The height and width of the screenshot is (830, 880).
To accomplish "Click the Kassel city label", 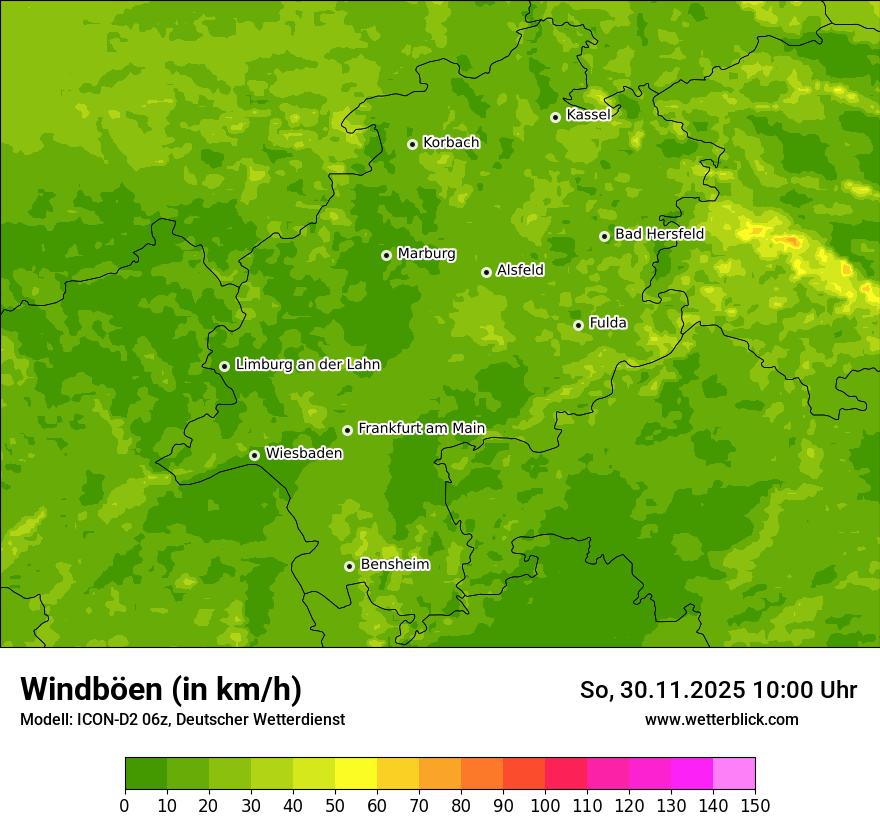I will (588, 115).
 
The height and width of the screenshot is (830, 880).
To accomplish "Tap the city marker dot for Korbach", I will (412, 144).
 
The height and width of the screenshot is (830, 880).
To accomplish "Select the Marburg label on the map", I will (426, 254).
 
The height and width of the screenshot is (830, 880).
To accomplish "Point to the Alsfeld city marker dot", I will (486, 272).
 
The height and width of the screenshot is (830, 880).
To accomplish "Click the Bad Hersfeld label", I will (659, 234).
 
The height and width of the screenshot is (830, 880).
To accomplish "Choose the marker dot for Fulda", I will (578, 325).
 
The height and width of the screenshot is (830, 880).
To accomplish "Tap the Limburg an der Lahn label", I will (307, 365).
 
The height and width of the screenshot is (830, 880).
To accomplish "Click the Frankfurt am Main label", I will (421, 428).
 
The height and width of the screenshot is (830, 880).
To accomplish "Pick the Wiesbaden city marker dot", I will (254, 455).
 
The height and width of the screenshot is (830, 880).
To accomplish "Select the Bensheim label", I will (394, 564).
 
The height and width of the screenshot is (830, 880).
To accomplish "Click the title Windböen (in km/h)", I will (161, 689).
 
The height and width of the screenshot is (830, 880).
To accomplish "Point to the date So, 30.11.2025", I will (663, 690).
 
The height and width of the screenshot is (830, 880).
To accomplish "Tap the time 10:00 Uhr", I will (805, 690).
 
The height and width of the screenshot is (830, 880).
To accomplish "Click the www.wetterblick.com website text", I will (721, 719).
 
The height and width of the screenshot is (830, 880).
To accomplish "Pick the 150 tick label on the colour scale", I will (755, 805).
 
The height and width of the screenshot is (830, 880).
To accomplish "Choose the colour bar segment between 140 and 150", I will (734, 774).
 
